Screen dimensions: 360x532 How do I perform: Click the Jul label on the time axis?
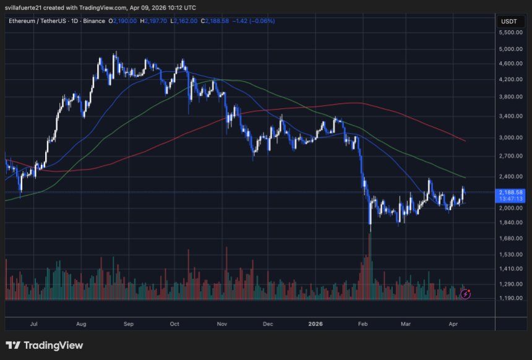(34, 323)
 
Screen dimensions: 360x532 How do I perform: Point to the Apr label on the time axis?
(453, 323)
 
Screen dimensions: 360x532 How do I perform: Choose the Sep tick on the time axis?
(129, 323)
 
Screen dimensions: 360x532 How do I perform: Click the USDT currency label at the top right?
(508, 21)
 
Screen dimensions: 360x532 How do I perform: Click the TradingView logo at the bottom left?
(45, 346)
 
